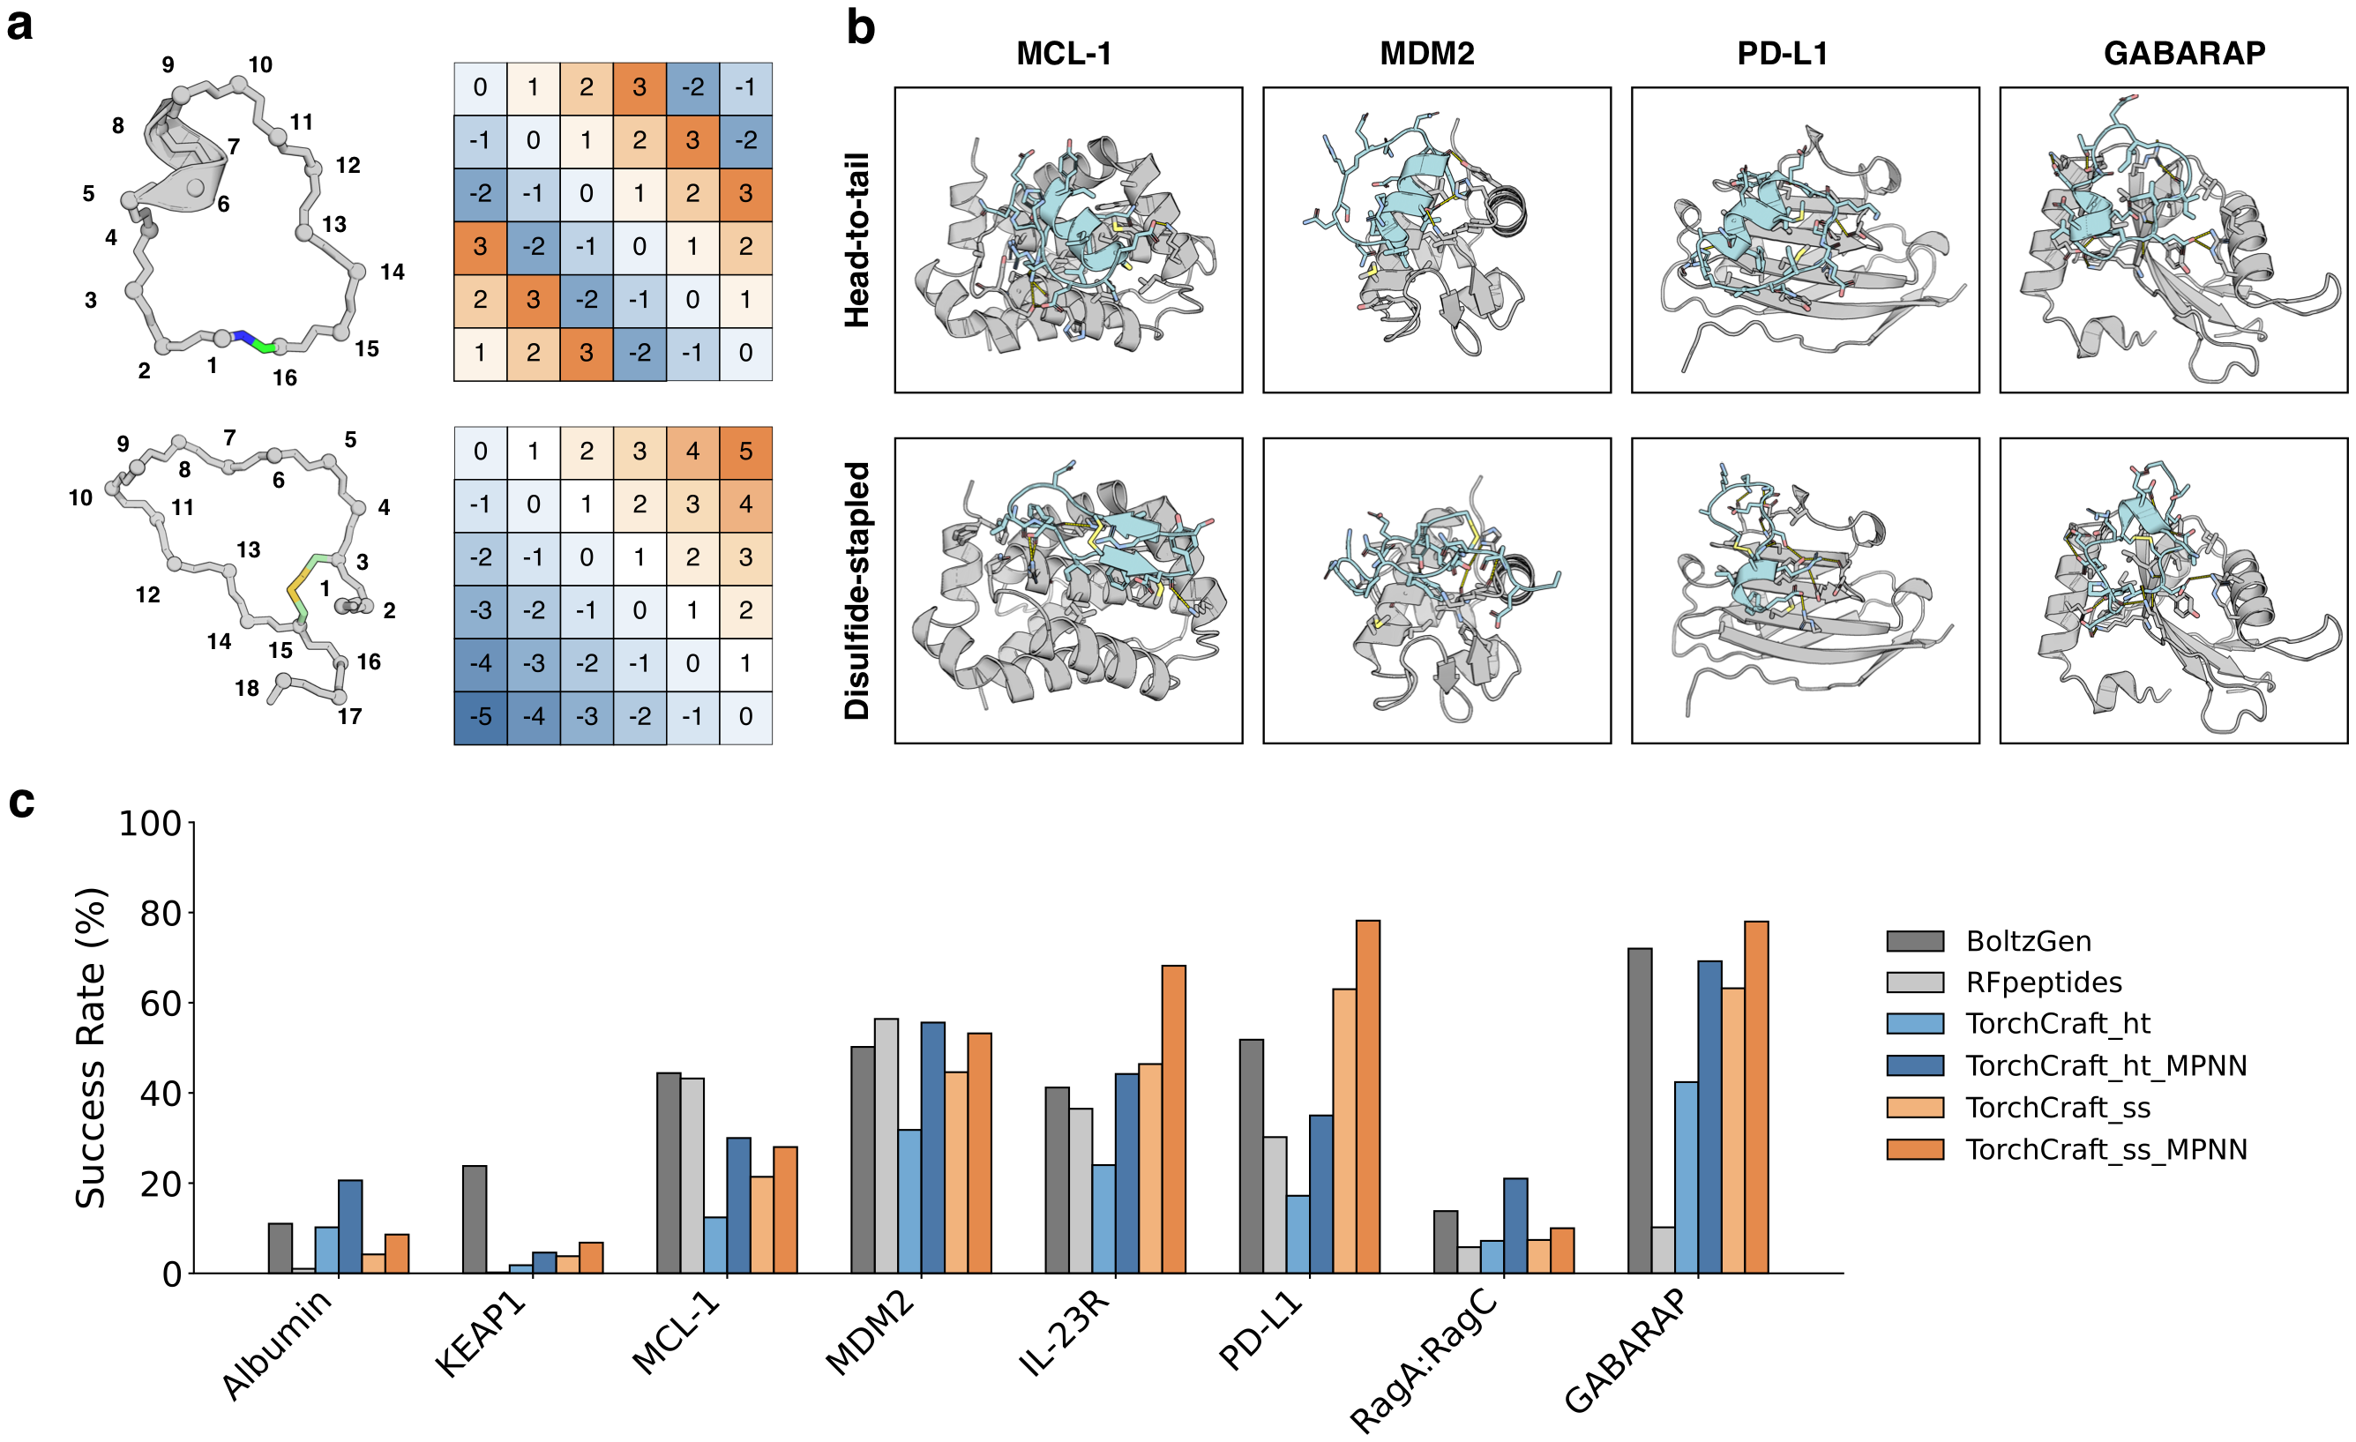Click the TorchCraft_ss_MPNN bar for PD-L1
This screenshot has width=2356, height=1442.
point(1367,1097)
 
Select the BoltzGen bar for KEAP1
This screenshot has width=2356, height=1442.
point(475,1219)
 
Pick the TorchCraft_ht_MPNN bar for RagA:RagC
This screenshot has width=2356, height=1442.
point(1515,1226)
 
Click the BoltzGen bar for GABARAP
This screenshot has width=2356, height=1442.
point(1640,1111)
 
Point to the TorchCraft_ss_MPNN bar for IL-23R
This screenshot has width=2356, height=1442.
point(1173,1120)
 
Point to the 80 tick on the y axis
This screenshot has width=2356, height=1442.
point(160,913)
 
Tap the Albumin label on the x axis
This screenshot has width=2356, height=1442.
point(278,1344)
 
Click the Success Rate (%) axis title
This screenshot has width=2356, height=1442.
point(91,1048)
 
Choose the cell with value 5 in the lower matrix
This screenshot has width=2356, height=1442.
point(746,452)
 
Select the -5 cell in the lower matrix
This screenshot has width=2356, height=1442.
point(480,716)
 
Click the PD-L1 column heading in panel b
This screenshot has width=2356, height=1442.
point(1783,54)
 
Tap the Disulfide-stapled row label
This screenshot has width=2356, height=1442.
point(857,591)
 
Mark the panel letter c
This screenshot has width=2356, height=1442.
point(21,802)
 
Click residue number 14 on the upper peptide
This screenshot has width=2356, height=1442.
point(392,273)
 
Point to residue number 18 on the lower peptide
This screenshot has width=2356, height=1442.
point(247,688)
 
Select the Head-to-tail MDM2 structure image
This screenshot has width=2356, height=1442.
point(1436,240)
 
